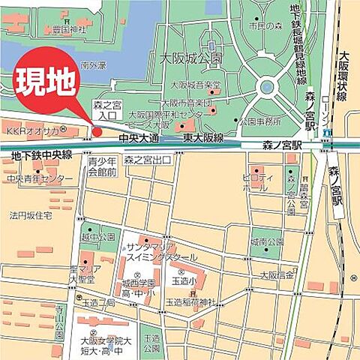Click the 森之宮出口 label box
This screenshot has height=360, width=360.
tap(148, 160)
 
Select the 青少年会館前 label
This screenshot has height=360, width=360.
tap(102, 166)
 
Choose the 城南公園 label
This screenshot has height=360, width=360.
tap(267, 241)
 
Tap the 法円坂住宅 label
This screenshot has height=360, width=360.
tap(31, 215)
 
